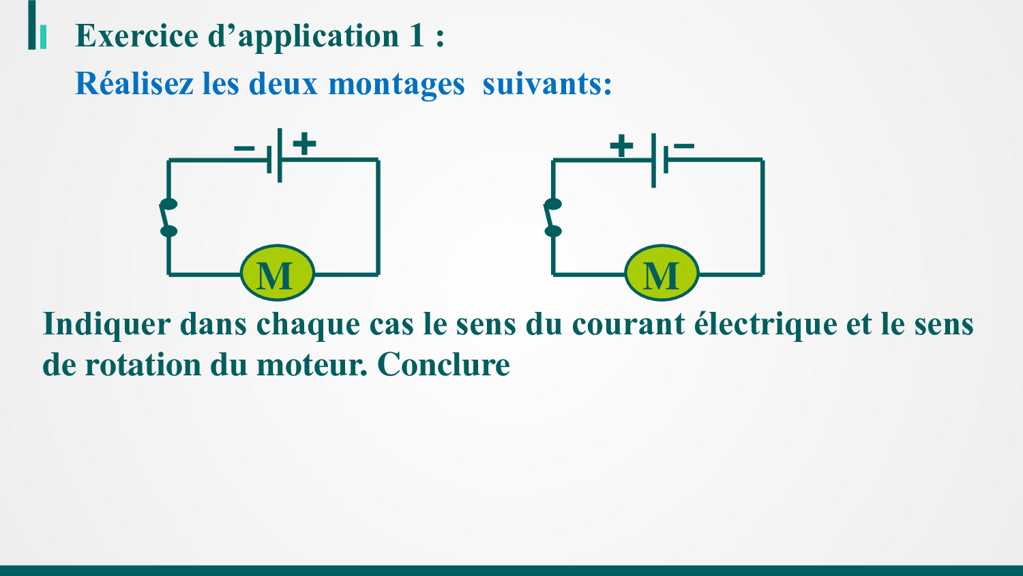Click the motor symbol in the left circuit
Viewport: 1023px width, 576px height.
pos(277,273)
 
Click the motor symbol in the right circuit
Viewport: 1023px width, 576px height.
pos(662,273)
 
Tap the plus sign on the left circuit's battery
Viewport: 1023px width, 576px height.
pos(304,143)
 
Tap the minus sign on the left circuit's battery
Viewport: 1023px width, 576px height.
pos(244,148)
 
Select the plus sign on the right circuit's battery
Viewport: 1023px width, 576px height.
pos(621,146)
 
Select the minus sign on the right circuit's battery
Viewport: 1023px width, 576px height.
pos(684,146)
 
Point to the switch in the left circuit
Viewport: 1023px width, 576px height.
pos(168,218)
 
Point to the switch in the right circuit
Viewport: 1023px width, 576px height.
pos(553,218)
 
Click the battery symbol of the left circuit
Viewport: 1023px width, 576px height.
pos(274,156)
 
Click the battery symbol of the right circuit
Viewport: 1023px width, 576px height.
pos(659,160)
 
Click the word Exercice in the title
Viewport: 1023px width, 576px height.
pos(136,35)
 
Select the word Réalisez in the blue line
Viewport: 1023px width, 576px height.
pos(134,83)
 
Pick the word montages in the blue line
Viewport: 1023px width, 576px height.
pos(396,85)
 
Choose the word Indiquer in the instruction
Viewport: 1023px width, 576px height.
pos(106,325)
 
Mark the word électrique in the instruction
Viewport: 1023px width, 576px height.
pos(766,324)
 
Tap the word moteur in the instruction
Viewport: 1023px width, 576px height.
pos(312,366)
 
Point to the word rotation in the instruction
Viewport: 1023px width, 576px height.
pos(143,365)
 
